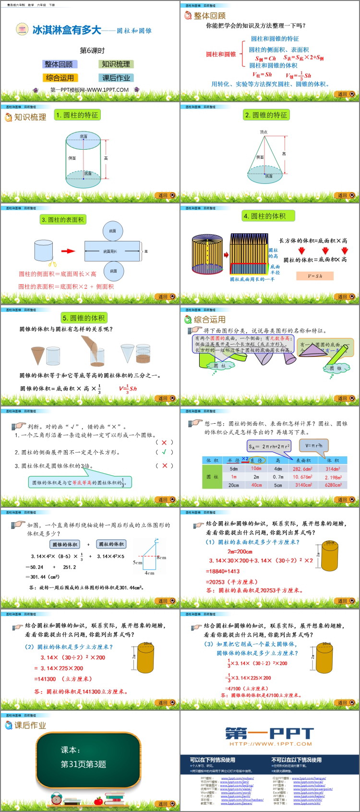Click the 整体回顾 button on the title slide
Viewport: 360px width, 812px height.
coord(59,64)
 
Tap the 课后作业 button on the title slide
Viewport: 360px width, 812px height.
coord(116,78)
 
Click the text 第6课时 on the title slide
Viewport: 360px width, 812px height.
coord(92,50)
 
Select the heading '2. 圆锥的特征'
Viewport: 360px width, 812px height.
coord(265,115)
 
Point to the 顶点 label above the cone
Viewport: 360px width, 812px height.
coord(264,132)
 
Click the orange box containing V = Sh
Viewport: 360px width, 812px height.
coord(315,276)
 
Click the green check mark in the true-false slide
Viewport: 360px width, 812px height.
coord(164,452)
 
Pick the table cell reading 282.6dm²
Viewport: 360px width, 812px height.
coord(302,469)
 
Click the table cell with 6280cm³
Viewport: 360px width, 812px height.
coord(333,485)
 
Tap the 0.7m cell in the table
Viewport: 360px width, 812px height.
coord(278,477)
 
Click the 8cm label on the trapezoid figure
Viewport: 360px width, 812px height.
coord(161,558)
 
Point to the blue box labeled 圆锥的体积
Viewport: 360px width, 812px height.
coord(64,544)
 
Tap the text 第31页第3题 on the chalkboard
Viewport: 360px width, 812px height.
coord(84,764)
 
